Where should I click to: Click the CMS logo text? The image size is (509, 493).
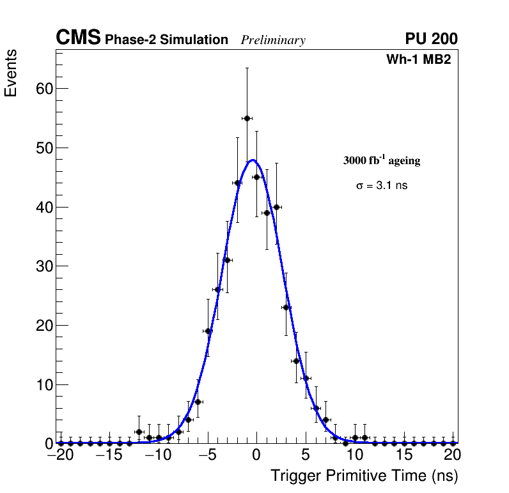pyautogui.click(x=78, y=39)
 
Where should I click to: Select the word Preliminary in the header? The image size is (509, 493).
pyautogui.click(x=273, y=40)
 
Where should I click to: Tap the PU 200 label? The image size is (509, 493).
pyautogui.click(x=431, y=39)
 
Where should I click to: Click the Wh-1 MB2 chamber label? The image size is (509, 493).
pyautogui.click(x=419, y=60)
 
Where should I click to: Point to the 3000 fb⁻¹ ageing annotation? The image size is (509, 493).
pyautogui.click(x=382, y=161)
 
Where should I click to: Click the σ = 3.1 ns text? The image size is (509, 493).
pyautogui.click(x=382, y=186)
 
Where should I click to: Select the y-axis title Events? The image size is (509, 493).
pyautogui.click(x=11, y=73)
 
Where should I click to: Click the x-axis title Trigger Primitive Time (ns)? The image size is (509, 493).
pyautogui.click(x=364, y=476)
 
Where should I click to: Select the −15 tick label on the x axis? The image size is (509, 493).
pyautogui.click(x=109, y=456)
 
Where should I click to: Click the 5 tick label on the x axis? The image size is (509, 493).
pyautogui.click(x=306, y=456)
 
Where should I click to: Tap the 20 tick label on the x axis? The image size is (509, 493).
pyautogui.click(x=452, y=456)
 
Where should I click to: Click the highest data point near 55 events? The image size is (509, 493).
pyautogui.click(x=247, y=118)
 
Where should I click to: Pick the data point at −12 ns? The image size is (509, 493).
pyautogui.click(x=139, y=432)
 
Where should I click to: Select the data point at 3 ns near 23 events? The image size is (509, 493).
pyautogui.click(x=286, y=307)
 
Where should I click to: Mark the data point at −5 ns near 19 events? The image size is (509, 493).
pyautogui.click(x=207, y=331)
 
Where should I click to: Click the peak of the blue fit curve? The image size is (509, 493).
pyautogui.click(x=253, y=160)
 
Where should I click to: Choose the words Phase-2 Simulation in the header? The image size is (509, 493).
pyautogui.click(x=166, y=40)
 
